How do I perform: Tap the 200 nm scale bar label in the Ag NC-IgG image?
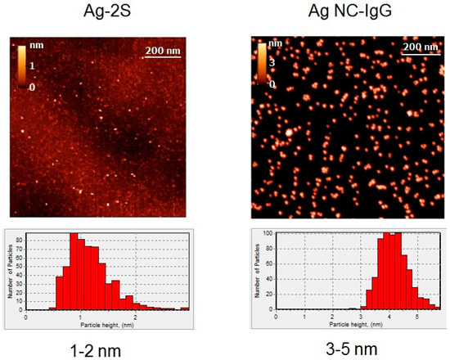pos(420,47)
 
